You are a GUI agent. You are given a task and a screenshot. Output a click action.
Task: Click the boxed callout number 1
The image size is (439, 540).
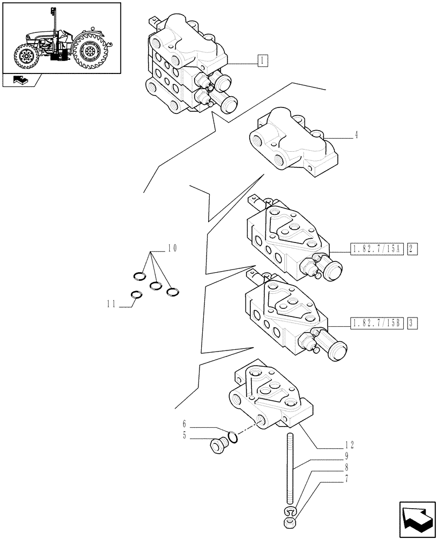coord(262,61)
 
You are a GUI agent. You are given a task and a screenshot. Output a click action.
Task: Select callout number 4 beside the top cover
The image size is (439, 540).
coord(357,136)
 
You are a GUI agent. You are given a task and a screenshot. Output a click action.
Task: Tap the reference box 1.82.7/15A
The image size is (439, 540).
coord(377,249)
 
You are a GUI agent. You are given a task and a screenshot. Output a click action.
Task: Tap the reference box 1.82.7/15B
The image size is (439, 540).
coord(377,324)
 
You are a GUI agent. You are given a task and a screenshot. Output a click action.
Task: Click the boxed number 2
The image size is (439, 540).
coord(411,249)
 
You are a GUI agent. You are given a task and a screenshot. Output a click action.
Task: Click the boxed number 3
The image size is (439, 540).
coord(411,324)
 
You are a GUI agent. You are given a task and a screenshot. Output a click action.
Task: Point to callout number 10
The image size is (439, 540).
coord(172,248)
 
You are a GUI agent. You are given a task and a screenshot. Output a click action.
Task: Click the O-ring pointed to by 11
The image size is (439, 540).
coord(137,295)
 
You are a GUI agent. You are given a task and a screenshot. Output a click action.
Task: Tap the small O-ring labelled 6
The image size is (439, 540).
coord(232,436)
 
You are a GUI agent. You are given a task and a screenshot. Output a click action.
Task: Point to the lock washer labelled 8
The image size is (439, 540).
coord(290,511)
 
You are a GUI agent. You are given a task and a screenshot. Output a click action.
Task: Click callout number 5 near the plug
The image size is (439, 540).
coord(184,436)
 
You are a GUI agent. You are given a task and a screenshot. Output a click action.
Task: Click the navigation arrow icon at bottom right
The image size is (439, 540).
coord(416,519)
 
